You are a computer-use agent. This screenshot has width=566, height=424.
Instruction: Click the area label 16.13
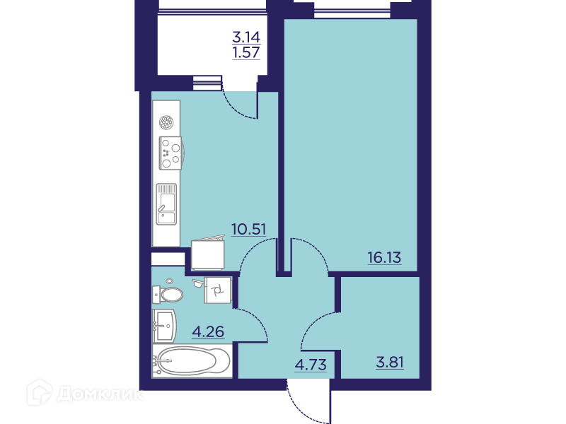coord(384,257)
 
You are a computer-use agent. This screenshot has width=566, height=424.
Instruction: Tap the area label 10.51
coord(249,229)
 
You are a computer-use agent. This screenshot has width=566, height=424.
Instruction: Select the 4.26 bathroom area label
coord(208,331)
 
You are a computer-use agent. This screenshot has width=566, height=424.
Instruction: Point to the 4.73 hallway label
coord(311,365)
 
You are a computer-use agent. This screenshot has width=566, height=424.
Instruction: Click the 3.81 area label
coord(390,362)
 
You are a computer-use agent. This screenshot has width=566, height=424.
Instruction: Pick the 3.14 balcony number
coord(246,37)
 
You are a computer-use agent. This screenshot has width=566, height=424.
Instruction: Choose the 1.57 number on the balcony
coord(246,52)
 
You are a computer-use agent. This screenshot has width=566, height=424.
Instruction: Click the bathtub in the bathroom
coord(192,361)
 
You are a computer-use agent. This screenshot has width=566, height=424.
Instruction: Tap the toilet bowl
coord(168,295)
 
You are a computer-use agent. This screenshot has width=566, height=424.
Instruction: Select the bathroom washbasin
coord(164,326)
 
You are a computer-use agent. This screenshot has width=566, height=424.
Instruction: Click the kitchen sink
coord(166,204)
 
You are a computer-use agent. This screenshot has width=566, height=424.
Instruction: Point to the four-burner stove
coord(171,153)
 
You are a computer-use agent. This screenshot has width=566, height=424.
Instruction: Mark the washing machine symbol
coord(218,290)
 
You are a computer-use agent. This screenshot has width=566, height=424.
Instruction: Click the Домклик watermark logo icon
coord(40,392)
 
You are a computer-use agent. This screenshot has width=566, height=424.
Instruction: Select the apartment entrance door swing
coord(308,404)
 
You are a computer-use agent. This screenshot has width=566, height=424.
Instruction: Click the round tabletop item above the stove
coord(166,122)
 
